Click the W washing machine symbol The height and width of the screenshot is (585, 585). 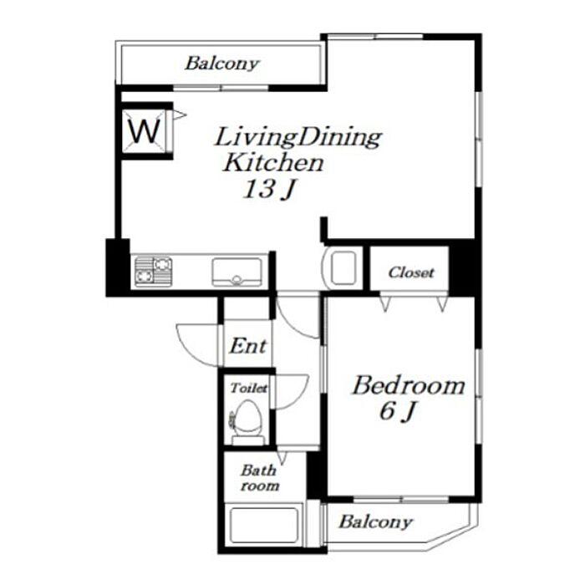coord(144,131)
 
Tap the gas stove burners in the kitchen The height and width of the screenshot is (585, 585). coord(153,272)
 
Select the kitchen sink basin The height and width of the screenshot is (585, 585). coord(237,272)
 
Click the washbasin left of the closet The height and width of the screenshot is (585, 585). coord(343,268)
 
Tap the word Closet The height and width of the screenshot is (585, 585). coord(411,272)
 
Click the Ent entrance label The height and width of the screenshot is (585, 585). coord(248,346)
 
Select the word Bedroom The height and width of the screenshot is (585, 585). coord(409,386)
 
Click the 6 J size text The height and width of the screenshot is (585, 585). coord(398,412)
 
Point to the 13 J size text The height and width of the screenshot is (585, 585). coord(268,189)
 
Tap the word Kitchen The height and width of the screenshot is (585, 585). coord(273,163)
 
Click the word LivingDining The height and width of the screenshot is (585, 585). coord(298,138)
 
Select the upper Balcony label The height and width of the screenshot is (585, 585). coord(221,64)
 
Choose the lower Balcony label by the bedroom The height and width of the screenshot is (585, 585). coord(375,522)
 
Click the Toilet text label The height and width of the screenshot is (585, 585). coord(248,389)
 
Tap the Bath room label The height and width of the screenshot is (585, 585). coord(260,478)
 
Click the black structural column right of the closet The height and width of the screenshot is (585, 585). coord(464,268)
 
